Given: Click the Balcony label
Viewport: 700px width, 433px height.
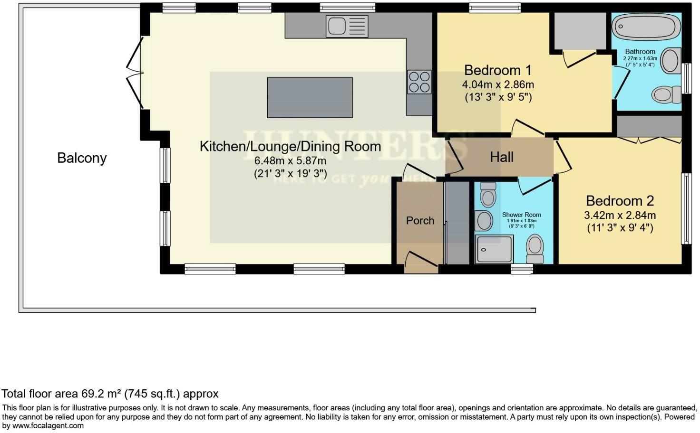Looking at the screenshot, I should click(82, 158).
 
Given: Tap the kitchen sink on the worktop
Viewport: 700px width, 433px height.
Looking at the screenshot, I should click(347, 26).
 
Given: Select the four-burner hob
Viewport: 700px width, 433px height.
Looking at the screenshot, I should click(419, 82).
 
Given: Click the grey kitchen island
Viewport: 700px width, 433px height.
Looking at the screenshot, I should click(310, 97).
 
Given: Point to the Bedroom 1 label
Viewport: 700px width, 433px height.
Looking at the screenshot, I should click(497, 70).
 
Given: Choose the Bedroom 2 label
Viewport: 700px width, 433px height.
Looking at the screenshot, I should click(620, 201).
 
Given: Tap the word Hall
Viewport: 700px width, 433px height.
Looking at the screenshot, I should click(502, 157).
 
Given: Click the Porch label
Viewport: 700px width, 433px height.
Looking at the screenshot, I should click(420, 221).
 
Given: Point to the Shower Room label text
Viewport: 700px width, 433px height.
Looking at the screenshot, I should click(521, 215).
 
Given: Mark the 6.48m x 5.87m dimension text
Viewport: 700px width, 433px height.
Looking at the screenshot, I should click(290, 161).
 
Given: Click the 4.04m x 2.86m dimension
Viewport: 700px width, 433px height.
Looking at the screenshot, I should click(497, 85).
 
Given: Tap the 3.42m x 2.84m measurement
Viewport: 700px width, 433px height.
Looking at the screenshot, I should click(620, 216).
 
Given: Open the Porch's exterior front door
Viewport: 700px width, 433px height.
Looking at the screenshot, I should click(421, 263).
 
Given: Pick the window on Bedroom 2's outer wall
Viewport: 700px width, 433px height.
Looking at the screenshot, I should click(686, 208).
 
